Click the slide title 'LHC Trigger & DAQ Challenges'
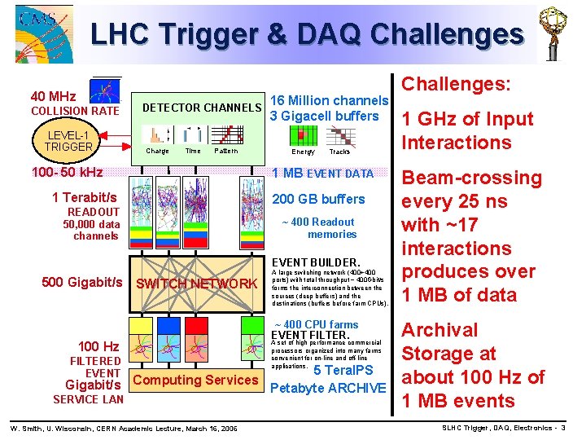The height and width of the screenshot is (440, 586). (x=307, y=34)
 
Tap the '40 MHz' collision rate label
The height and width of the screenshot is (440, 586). (x=54, y=96)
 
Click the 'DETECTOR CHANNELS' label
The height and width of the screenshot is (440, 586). (x=202, y=108)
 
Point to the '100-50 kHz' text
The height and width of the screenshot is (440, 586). (x=67, y=172)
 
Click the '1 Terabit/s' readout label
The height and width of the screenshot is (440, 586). (x=84, y=197)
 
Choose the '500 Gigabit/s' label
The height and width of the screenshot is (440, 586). (x=81, y=282)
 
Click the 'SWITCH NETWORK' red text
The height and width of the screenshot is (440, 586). (x=196, y=284)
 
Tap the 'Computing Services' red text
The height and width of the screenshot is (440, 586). (x=195, y=380)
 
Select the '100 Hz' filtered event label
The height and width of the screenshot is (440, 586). (x=98, y=346)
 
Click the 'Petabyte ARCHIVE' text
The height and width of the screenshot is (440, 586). (x=327, y=387)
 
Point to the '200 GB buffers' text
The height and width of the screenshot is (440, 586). (x=318, y=199)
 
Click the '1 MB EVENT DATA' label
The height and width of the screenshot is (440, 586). (x=322, y=173)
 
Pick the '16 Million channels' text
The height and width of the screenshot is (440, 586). (x=329, y=100)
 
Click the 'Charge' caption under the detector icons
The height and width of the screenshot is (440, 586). (x=157, y=151)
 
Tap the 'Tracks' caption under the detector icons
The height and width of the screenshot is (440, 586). (x=339, y=152)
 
